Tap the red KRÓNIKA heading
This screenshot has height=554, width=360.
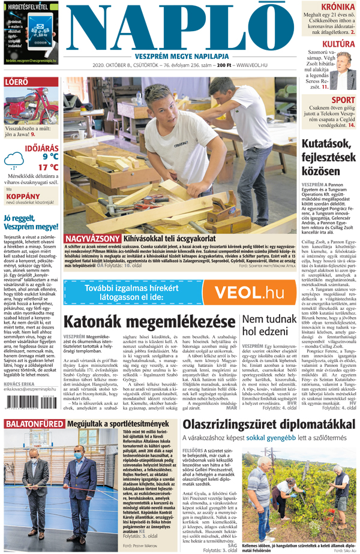pos(338,7)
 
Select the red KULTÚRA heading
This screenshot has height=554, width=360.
pos(338,44)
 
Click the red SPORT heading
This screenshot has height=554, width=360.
pos(343,100)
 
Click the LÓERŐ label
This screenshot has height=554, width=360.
pos(16,82)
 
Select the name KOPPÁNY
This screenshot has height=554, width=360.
pos(22,195)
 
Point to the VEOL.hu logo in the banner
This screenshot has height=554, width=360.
pos(249,293)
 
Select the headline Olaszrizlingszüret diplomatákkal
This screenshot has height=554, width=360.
pos(266,425)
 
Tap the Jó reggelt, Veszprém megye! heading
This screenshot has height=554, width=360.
pos(30,221)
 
